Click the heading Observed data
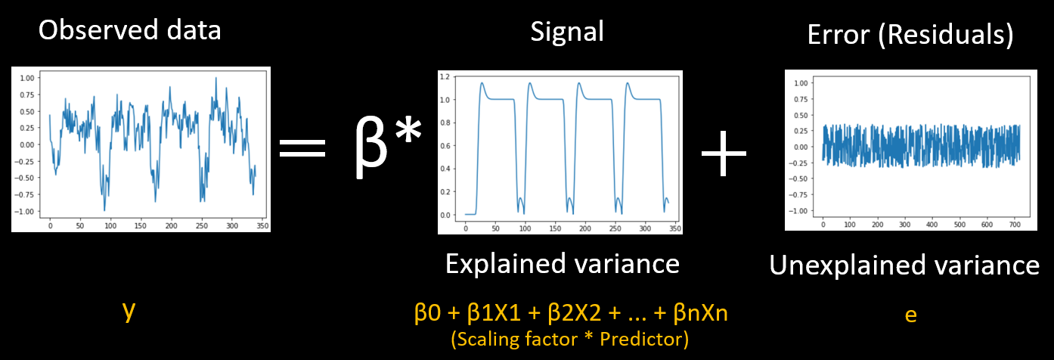[129, 30]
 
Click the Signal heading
[567, 32]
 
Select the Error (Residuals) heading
[910, 35]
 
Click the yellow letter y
[129, 311]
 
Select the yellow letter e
[910, 315]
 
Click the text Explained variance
[562, 264]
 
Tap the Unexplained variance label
[904, 265]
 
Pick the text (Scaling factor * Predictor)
[569, 340]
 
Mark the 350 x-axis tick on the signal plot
[674, 228]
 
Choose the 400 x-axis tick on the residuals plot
[932, 225]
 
